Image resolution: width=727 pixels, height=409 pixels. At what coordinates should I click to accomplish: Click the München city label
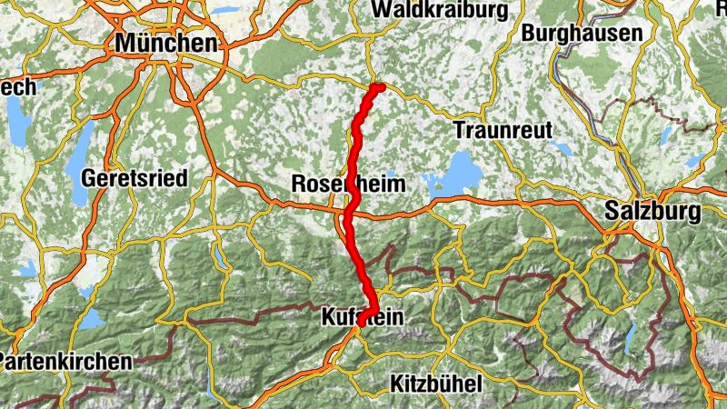tap(167, 43)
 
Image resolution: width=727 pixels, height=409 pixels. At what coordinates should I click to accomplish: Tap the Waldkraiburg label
tap(439, 8)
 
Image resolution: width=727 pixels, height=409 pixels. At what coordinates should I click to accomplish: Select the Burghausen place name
tap(583, 33)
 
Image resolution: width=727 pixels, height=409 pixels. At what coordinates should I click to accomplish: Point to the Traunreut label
tap(503, 129)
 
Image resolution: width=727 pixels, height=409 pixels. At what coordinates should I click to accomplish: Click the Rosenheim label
tap(348, 184)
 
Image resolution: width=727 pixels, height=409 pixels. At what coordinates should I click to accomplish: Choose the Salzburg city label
tap(652, 213)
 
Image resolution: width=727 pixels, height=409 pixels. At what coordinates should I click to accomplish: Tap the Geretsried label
tap(134, 178)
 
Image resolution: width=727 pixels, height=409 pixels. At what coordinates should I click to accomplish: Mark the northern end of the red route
tap(380, 87)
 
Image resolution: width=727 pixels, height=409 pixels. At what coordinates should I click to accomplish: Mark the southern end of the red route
tap(362, 322)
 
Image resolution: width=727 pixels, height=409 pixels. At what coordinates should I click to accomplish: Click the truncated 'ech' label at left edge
tap(17, 87)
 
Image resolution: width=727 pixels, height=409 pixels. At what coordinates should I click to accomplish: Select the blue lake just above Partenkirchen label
tap(90, 319)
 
